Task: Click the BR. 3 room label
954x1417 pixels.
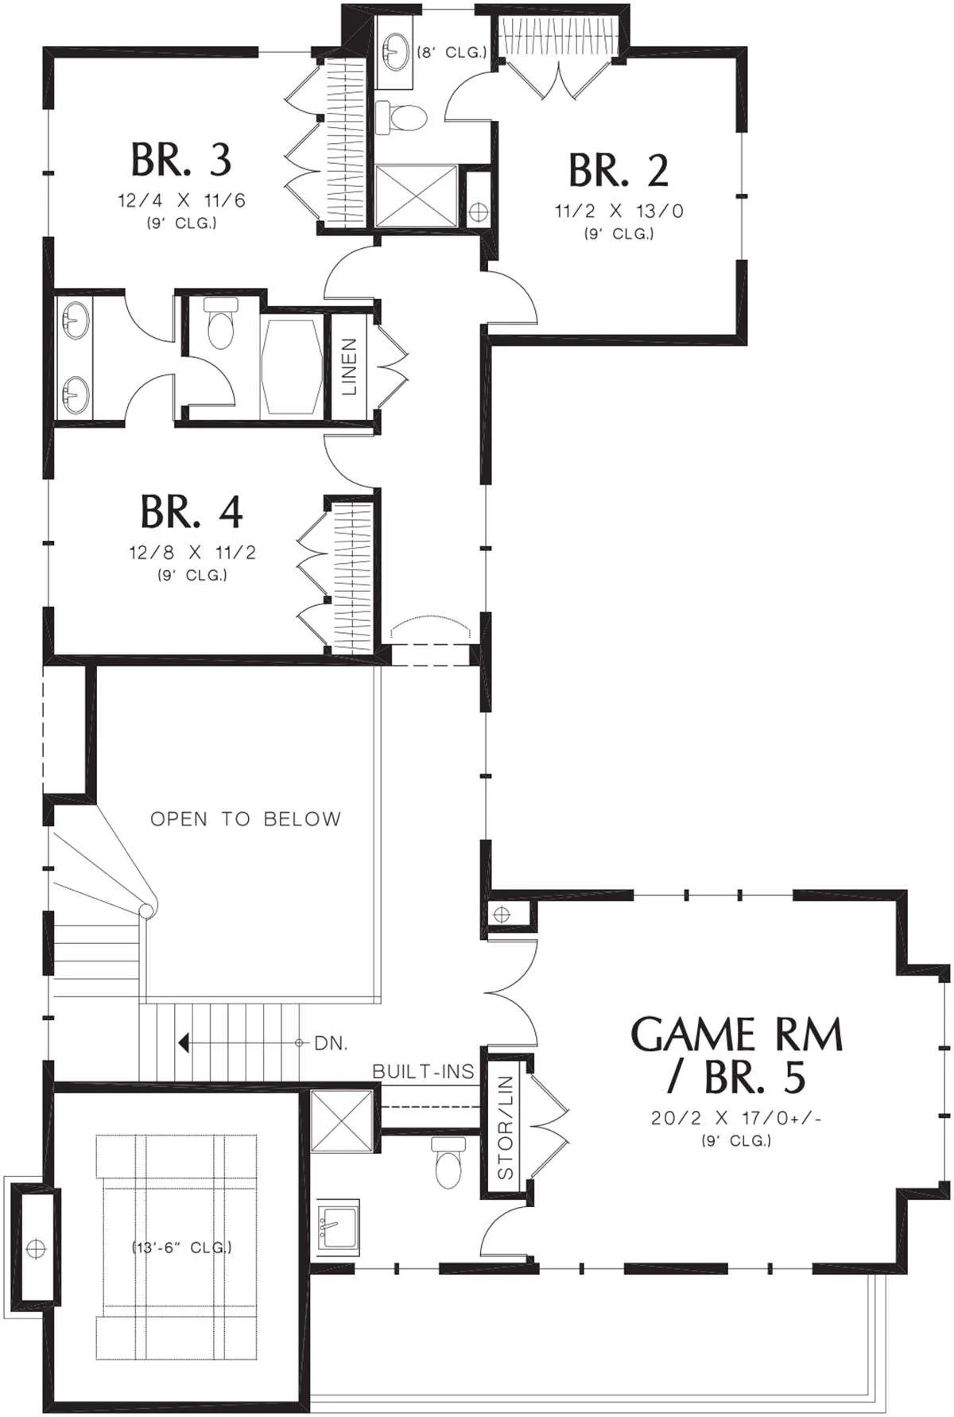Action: (x=181, y=160)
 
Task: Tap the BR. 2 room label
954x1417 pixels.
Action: (x=619, y=170)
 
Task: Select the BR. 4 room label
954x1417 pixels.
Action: (x=192, y=512)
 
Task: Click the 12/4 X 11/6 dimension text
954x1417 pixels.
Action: (x=182, y=200)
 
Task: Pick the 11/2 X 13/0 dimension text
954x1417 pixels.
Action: (x=619, y=211)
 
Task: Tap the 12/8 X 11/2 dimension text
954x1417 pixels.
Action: (x=192, y=553)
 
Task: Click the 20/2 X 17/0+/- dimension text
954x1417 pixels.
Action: (x=736, y=1118)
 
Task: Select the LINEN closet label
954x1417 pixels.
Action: (x=349, y=367)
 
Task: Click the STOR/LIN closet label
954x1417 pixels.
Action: (x=505, y=1128)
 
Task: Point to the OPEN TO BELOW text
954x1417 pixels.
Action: (x=246, y=819)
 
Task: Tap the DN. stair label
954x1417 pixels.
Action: (x=331, y=1043)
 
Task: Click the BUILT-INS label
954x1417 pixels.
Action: (x=423, y=1072)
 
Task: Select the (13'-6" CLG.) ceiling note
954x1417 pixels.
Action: (x=182, y=1247)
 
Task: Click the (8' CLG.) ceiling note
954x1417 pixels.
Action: (x=452, y=52)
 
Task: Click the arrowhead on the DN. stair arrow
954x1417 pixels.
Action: (x=184, y=1042)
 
